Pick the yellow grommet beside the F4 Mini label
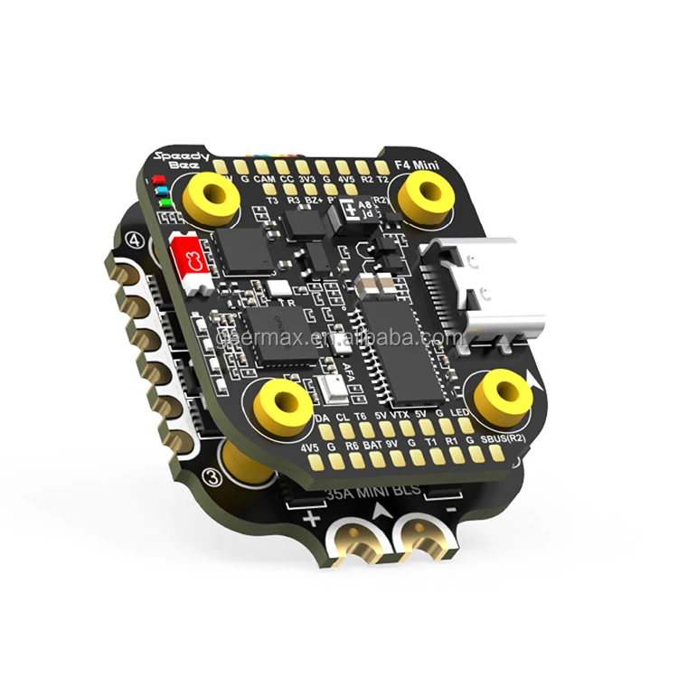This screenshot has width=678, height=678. pos(425,200)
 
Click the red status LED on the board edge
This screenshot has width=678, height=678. pos(156,181)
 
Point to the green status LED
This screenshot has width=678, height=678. pos(163,204)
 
